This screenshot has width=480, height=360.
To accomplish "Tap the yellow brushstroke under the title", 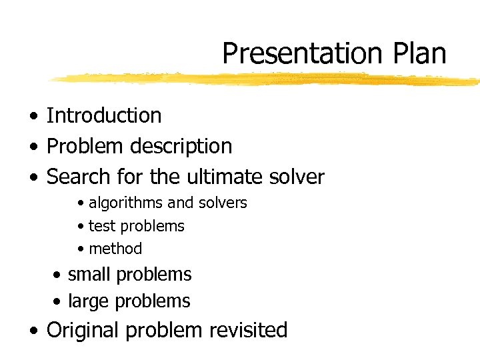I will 267,79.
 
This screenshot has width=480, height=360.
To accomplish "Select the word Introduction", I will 104,115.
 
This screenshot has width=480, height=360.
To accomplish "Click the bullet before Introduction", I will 33,116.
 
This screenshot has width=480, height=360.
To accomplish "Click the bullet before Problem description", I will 33,147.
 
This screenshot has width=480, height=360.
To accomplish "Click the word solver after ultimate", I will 297,177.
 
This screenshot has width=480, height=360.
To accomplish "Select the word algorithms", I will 126,203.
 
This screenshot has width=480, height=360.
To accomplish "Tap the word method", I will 115,249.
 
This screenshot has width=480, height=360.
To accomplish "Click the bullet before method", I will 81,249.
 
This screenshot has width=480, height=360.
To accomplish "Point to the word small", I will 90,274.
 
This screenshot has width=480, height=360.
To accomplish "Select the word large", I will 89,301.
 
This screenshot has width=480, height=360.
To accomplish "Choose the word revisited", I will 248,330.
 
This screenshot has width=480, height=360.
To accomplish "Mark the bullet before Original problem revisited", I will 33,331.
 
